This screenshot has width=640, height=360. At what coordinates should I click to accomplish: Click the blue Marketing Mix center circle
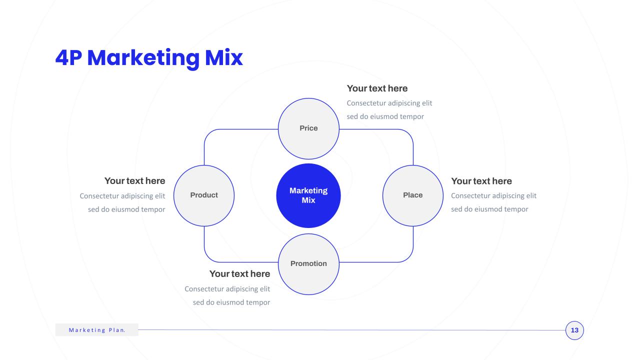(308, 195)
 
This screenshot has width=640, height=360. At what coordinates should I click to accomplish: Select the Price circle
(308, 128)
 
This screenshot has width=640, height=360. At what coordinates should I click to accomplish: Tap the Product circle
(204, 195)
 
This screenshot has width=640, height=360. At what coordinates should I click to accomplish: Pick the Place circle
(413, 195)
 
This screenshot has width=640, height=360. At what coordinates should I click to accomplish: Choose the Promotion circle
(308, 264)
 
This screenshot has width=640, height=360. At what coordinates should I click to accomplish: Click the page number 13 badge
(574, 330)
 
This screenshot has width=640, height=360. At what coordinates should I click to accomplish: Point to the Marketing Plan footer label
(97, 330)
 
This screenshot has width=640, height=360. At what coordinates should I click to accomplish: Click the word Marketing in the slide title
(143, 58)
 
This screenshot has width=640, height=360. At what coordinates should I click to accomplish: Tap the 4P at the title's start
(68, 58)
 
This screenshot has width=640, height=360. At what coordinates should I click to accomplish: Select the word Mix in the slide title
(224, 58)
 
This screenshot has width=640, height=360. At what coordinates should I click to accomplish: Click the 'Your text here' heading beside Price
(377, 88)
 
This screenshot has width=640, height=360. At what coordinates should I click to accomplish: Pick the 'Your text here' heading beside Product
(135, 181)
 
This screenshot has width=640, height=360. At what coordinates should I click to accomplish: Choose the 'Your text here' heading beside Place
(481, 181)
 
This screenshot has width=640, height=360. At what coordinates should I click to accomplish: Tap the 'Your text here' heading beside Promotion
(239, 273)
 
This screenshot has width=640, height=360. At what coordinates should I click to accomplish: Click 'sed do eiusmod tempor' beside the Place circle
(489, 209)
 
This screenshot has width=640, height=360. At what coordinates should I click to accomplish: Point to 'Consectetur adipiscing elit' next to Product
(122, 196)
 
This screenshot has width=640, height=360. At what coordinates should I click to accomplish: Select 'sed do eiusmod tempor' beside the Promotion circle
(231, 302)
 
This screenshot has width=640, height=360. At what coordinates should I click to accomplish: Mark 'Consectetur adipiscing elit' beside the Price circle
(389, 103)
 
